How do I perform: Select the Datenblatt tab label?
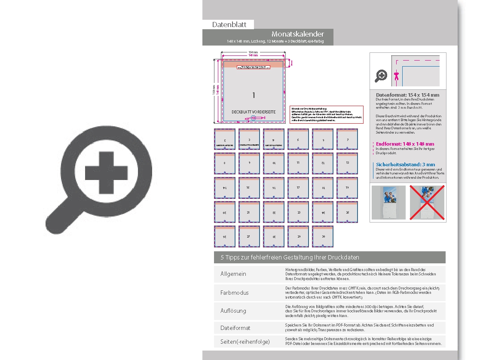coord(228,24)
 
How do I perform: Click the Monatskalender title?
coord(297,34)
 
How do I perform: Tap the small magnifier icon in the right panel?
coord(381,76)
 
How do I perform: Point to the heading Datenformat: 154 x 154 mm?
coord(407,95)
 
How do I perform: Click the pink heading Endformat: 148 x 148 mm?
coord(405,144)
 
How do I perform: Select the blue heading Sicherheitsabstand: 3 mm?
coord(405,165)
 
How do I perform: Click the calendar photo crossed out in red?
coord(427,203)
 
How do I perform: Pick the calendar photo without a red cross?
coord(388,203)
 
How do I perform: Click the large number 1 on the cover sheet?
coord(254,95)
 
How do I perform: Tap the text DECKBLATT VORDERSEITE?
coord(254,112)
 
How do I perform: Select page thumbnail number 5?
coord(298,139)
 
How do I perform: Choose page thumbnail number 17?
coord(298,188)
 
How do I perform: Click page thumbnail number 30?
coord(323,237)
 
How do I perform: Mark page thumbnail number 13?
coord(347,163)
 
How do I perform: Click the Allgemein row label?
coord(233,274)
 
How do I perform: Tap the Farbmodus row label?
coord(235,293)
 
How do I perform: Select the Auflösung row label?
coord(233,310)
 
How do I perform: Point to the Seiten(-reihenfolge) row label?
coord(245,342)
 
